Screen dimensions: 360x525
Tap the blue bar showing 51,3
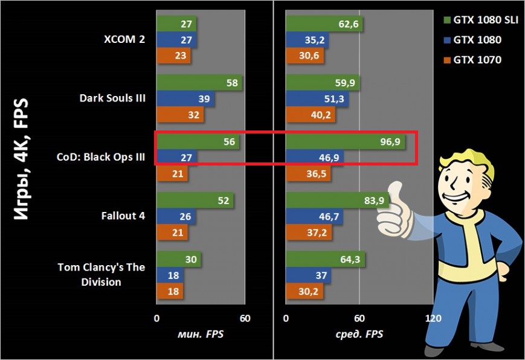(317, 99)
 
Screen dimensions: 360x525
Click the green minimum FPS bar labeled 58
(199, 83)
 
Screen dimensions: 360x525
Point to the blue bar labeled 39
(185, 99)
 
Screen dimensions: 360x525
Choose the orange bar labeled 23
(173, 56)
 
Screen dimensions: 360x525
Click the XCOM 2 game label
(124, 40)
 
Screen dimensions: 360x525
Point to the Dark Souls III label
(113, 98)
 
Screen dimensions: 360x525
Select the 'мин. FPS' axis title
(199, 334)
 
